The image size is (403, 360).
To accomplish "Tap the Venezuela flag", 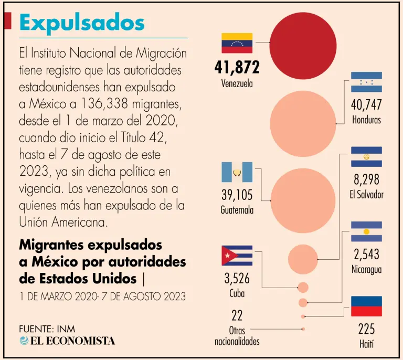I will (237, 43).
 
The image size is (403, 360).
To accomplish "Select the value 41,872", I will (237, 67).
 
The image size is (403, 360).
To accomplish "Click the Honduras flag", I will (366, 82).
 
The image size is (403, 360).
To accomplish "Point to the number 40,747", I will (366, 105).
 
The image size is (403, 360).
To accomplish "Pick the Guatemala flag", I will (237, 172).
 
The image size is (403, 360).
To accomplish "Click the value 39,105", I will (237, 195).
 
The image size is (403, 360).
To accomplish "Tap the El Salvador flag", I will (366, 157).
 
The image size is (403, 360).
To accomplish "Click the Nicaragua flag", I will (366, 231).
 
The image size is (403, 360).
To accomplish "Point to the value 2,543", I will (366, 255).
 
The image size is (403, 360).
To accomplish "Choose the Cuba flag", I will (237, 256).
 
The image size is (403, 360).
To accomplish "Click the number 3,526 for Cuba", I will (237, 279).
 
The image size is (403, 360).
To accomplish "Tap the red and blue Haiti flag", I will (366, 306).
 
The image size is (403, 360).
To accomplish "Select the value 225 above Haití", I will (366, 330).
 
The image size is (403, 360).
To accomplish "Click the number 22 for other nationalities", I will (237, 315).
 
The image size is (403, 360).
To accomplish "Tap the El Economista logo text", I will (67, 341).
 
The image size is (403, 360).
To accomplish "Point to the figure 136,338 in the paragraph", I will (98, 104).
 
